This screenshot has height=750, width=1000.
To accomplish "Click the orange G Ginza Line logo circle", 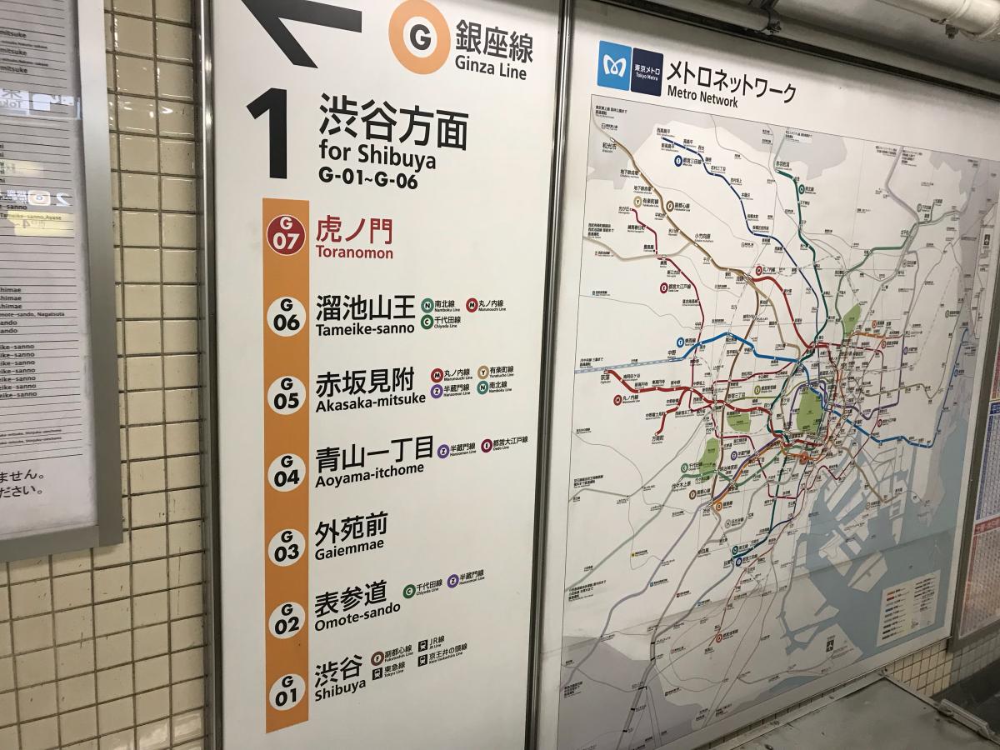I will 419,37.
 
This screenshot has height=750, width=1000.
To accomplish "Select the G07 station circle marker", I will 286,234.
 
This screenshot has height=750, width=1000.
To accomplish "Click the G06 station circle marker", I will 286,316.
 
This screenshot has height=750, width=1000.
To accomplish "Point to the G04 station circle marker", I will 286,471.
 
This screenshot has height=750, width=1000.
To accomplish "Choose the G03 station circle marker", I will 286,547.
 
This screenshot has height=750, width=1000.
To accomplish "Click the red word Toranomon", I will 354,252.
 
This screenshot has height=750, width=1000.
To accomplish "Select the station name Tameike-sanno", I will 365,328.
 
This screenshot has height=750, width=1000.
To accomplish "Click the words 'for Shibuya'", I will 377,156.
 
